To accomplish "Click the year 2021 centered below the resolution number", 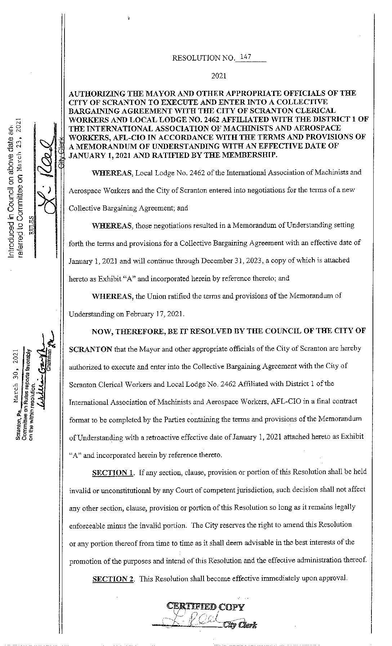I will pyautogui.click(x=219, y=76).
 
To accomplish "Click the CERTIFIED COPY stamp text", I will pyautogui.click(x=205, y=607).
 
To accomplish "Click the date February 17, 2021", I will pyautogui.click(x=155, y=314).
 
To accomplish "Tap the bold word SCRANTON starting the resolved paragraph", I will pyautogui.click(x=90, y=349).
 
